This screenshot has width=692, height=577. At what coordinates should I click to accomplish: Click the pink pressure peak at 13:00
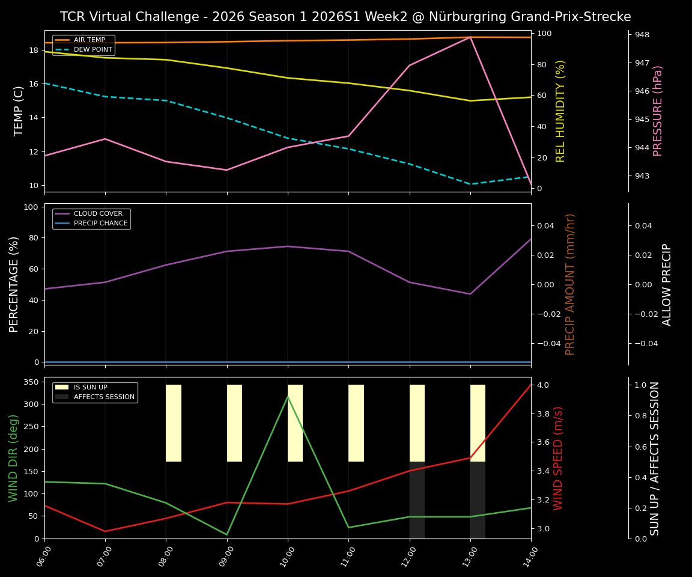click(x=470, y=37)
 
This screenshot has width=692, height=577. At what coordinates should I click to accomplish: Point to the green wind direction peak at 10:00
click(x=288, y=396)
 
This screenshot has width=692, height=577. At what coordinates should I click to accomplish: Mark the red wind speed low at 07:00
click(x=105, y=531)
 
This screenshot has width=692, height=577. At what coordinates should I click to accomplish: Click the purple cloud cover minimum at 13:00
click(x=470, y=294)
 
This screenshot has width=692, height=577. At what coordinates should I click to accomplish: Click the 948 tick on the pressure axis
click(x=642, y=35)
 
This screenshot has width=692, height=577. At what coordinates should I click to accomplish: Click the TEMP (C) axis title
click(x=19, y=111)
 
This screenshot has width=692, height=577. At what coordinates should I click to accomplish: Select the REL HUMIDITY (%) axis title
click(x=560, y=111)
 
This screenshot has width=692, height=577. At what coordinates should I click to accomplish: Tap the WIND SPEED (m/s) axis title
click(x=559, y=458)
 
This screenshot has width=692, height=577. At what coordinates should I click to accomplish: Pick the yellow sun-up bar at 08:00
click(x=174, y=423)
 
